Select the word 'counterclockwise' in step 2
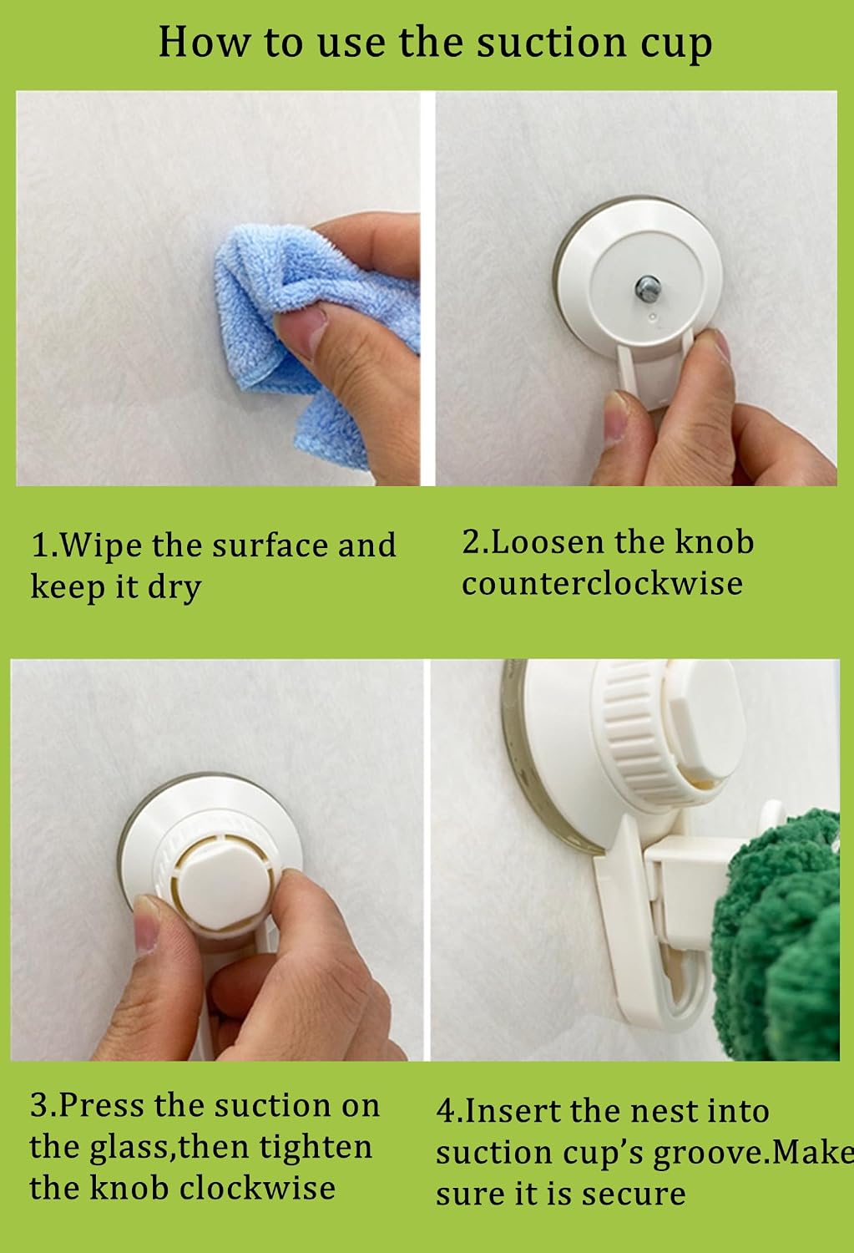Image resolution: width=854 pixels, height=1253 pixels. click(602, 584)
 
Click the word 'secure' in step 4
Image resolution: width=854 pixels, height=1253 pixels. click(634, 1195)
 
